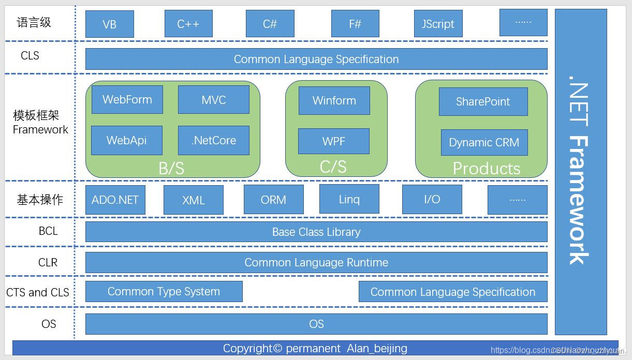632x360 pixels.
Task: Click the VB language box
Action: [x=109, y=24]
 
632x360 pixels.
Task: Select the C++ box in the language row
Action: [x=188, y=24]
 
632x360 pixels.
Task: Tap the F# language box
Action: [x=355, y=24]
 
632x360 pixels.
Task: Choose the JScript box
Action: [x=438, y=24]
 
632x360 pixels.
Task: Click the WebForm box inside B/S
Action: [x=127, y=99]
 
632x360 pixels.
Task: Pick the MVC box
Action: [x=213, y=99]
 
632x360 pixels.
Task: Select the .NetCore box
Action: [x=213, y=140]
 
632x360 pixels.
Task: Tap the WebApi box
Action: [x=126, y=140]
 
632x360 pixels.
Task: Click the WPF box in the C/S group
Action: [x=334, y=141]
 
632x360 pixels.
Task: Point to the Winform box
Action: [x=334, y=100]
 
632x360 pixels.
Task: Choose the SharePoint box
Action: [x=483, y=101]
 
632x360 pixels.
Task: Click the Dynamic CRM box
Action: [x=484, y=142]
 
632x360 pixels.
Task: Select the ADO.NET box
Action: [x=115, y=200]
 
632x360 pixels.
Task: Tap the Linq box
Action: [x=349, y=199]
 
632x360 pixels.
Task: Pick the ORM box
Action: [x=273, y=200]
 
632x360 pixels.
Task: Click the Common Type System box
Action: [x=164, y=292]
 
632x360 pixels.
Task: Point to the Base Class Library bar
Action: [x=316, y=232]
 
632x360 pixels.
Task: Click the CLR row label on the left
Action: [x=48, y=263]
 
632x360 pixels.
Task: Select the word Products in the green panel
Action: [x=486, y=169]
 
